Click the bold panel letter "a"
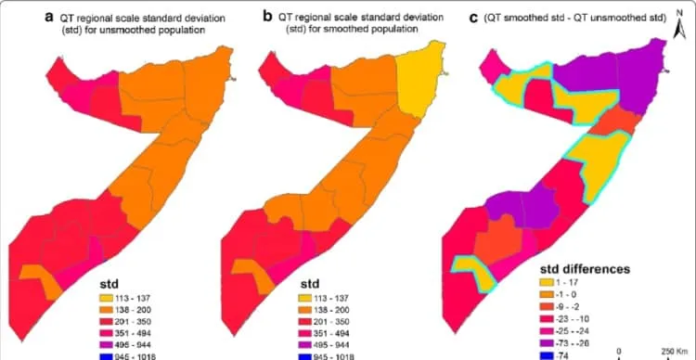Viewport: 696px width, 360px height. (x=50, y=19)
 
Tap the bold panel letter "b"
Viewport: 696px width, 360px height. (x=267, y=18)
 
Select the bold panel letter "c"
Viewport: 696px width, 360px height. (x=473, y=19)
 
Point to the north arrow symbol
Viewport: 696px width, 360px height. (x=679, y=26)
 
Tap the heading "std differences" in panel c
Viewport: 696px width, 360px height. (x=585, y=269)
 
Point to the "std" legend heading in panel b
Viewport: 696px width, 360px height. (x=310, y=284)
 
